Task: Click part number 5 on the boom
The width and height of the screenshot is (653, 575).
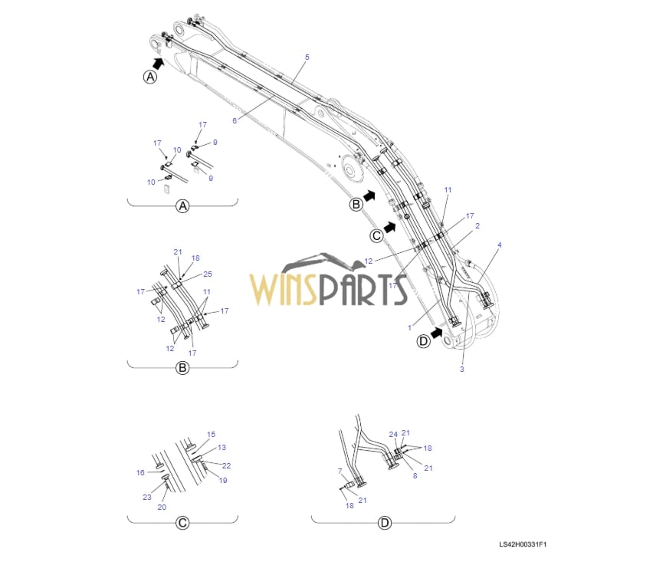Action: (x=307, y=58)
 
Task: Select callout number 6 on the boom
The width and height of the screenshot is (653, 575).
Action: (x=235, y=120)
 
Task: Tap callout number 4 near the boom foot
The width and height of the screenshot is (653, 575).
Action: (x=500, y=245)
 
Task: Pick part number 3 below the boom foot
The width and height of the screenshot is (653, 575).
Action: (x=462, y=370)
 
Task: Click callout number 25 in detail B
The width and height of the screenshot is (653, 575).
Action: (x=208, y=274)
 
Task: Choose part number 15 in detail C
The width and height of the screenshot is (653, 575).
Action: (x=212, y=435)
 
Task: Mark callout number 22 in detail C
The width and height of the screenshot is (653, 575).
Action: (x=226, y=465)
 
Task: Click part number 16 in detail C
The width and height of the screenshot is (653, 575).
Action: (x=140, y=473)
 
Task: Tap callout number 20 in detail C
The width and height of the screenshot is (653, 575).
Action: (x=162, y=507)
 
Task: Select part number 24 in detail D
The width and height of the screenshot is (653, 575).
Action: (x=392, y=435)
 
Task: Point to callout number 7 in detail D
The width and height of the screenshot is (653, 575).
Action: (x=340, y=470)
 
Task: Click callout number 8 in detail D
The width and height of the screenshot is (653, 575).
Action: (x=415, y=475)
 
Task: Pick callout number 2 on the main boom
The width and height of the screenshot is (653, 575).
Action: (x=477, y=226)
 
